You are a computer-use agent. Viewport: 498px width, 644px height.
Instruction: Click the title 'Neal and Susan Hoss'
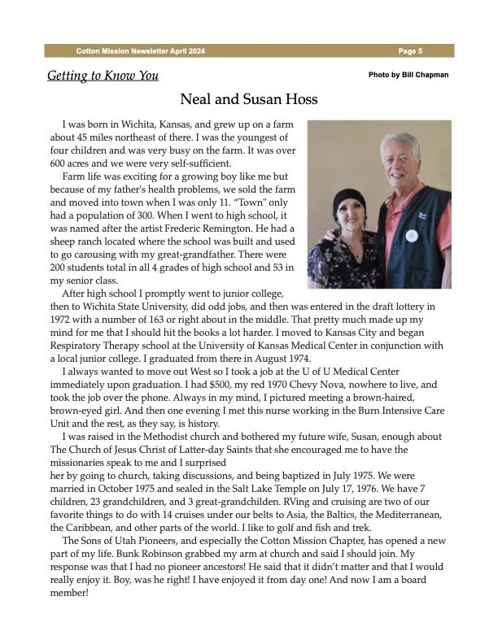click(x=248, y=100)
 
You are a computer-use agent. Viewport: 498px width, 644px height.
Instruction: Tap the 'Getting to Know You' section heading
click(x=103, y=76)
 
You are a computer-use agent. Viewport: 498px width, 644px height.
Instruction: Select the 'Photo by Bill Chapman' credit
click(x=408, y=75)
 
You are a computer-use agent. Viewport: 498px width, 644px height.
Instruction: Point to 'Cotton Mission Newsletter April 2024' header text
click(x=141, y=50)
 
